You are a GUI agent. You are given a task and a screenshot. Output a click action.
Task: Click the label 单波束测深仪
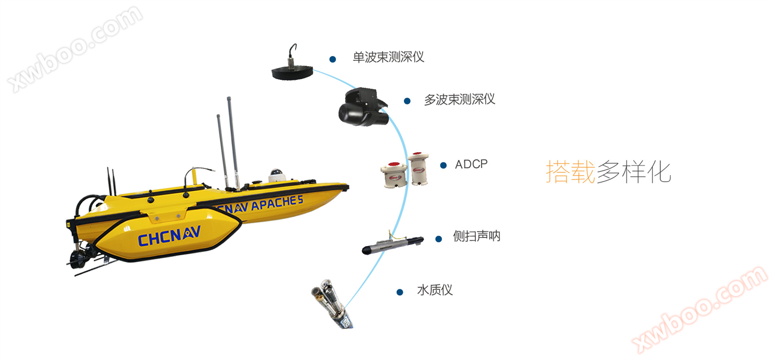coord(388,57)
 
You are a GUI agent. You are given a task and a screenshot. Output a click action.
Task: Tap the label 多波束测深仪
coord(459,100)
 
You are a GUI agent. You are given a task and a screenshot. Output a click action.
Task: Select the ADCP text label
coord(471,165)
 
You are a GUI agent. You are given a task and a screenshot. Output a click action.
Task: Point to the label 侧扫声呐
coord(476,237)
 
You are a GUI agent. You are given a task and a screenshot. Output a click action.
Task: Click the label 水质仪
coord(434,290)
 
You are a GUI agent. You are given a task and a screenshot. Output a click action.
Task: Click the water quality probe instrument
coord(333,304)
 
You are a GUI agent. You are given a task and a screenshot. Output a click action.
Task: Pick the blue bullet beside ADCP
coord(443,166)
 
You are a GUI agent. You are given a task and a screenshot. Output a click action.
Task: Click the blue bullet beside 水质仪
coord(399,292)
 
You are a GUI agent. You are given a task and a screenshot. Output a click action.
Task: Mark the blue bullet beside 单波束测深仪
coord(333,59)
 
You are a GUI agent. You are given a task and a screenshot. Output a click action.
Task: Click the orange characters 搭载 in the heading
coord(570,172)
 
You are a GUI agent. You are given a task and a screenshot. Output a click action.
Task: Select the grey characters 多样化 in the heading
coord(634,172)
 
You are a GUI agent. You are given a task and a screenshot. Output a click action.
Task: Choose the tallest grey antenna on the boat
coord(233,139)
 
